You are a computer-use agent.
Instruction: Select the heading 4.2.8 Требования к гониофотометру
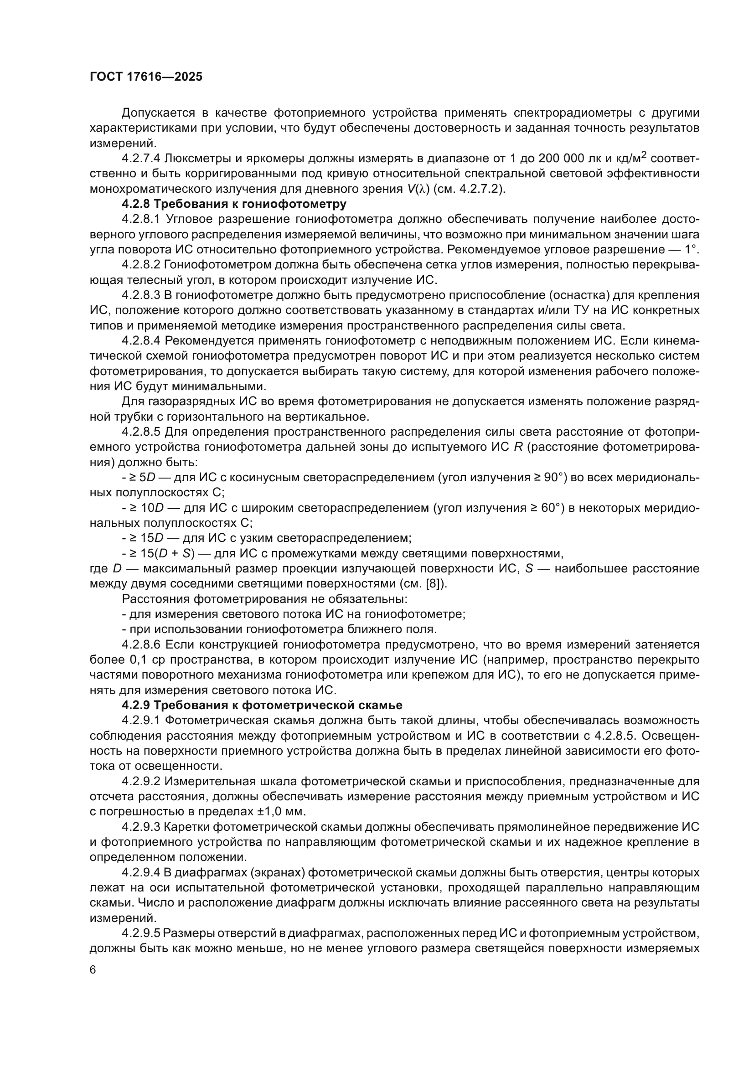coord(234,204)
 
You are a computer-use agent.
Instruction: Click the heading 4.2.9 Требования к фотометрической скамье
coord(262,705)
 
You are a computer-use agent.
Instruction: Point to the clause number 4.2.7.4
coord(141,158)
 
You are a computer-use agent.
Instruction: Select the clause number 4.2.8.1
coord(141,219)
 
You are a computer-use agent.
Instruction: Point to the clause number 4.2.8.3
coord(141,295)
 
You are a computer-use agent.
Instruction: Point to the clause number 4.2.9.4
coord(141,872)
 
